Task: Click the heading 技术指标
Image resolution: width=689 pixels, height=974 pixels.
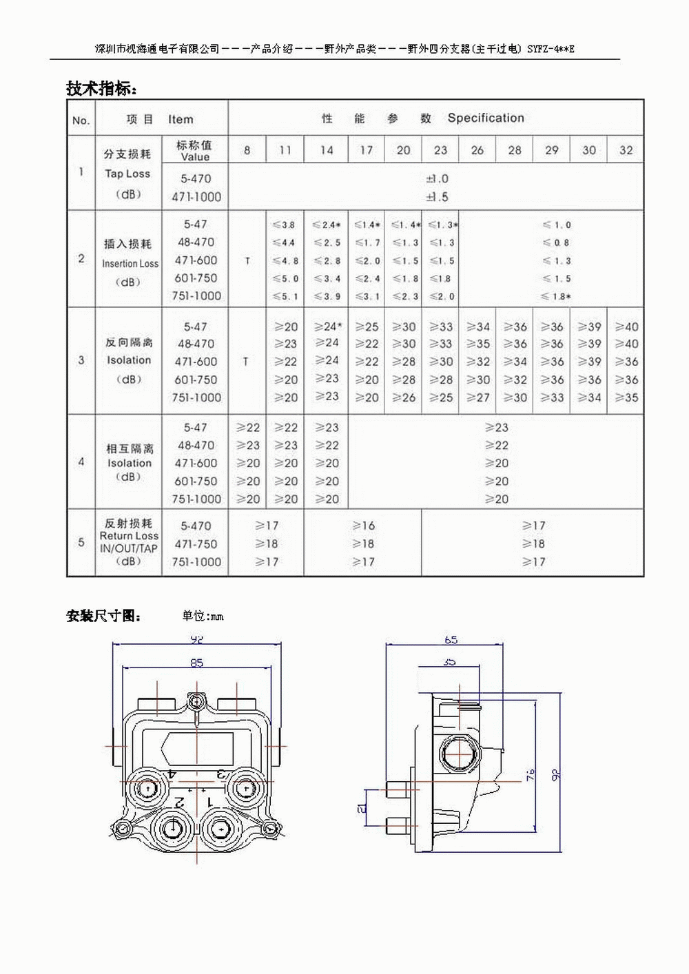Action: click(x=101, y=88)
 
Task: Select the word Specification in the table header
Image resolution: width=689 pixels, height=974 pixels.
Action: click(x=486, y=118)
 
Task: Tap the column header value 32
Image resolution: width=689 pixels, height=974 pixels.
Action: click(x=626, y=150)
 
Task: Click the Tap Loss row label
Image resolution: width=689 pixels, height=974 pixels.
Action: click(x=127, y=174)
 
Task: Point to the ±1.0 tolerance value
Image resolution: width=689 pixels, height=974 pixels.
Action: click(x=437, y=179)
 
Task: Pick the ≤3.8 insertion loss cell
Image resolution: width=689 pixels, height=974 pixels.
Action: click(x=284, y=225)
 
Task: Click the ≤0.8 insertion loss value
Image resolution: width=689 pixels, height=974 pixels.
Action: click(x=556, y=242)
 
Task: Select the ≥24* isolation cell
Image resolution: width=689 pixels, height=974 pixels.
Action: click(x=327, y=327)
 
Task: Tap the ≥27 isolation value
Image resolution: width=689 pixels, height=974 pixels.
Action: click(x=477, y=397)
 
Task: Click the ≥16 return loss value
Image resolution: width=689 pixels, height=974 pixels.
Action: click(x=363, y=526)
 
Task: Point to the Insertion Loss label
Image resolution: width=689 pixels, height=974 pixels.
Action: click(x=130, y=264)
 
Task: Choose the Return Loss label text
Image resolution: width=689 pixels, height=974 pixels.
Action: click(x=129, y=536)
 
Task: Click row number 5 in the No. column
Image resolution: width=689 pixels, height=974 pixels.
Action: click(x=81, y=543)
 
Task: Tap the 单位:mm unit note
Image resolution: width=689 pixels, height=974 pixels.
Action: click(x=203, y=616)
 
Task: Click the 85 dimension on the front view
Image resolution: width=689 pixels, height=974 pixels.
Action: click(x=197, y=663)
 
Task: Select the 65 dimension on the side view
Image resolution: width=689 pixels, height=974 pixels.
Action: click(x=451, y=640)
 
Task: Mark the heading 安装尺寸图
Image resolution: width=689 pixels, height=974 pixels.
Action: click(x=103, y=616)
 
